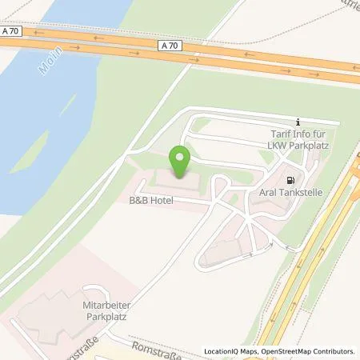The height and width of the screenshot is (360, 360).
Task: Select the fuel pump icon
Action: click(290, 180)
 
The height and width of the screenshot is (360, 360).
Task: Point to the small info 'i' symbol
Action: click(298, 120)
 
